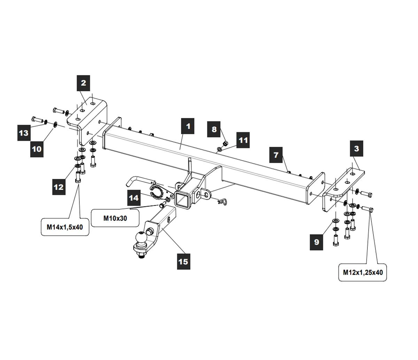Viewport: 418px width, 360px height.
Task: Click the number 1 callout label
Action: coord(188,126)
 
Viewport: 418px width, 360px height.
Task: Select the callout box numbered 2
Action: coord(83,83)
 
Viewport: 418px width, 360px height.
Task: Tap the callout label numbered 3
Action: coord(356,149)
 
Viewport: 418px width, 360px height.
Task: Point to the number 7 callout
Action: coord(276,155)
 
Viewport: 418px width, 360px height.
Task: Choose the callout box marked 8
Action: coord(214,130)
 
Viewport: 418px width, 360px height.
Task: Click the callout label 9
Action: coord(316,242)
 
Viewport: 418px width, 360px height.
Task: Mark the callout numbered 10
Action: coord(37,149)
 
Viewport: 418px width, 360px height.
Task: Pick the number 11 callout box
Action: coord(243,140)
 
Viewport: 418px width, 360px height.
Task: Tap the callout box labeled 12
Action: coord(59,187)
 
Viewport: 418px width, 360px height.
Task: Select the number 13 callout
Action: coord(24,133)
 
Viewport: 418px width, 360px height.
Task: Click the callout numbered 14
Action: coord(134,198)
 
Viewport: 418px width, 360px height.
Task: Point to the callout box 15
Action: coord(183,261)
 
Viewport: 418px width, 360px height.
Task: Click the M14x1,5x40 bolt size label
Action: coord(65,227)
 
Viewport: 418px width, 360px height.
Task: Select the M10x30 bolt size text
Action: coord(115,218)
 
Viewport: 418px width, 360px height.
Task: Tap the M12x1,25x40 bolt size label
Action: coord(363,272)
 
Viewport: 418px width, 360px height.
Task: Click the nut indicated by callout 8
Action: coord(225,143)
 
